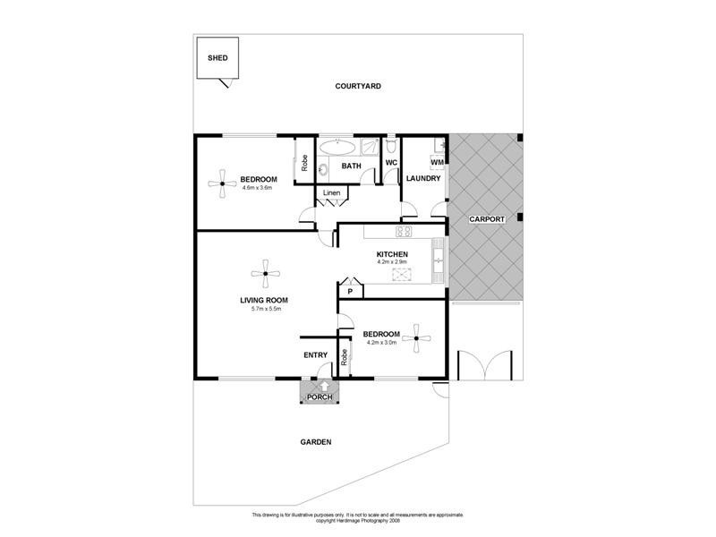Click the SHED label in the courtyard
[x=217, y=58]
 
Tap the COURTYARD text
[x=358, y=87]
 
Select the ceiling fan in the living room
[x=263, y=275]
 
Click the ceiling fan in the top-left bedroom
[x=219, y=185]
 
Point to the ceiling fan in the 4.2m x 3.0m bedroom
[x=416, y=338]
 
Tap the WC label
[x=390, y=163]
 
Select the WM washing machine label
[x=437, y=162]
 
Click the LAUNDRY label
[x=422, y=178]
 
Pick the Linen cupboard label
[x=330, y=193]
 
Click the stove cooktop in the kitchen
[x=404, y=232]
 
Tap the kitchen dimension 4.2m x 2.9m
[x=391, y=263]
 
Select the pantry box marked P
[x=350, y=291]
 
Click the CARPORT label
[x=487, y=219]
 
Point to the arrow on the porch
[x=320, y=387]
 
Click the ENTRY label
[x=315, y=355]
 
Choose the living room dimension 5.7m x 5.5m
[x=263, y=309]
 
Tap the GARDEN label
[x=316, y=442]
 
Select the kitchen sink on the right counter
[x=438, y=260]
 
